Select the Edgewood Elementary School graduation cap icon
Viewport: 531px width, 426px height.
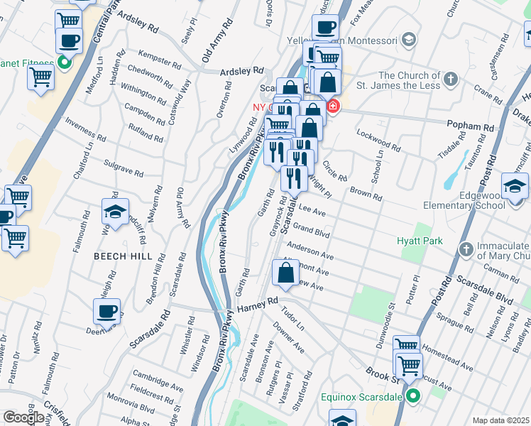click(x=515, y=187)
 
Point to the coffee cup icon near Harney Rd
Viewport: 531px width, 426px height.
click(x=107, y=310)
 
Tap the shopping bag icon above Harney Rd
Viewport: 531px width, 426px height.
click(x=285, y=272)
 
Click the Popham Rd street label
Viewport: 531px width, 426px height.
click(x=474, y=127)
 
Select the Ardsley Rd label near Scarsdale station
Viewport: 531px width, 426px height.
click(x=241, y=71)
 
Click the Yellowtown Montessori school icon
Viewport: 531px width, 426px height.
click(x=408, y=38)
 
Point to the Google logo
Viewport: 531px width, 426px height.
click(x=23, y=417)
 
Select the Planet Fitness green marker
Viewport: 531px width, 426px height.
click(x=64, y=62)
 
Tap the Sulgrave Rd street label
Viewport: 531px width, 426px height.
click(x=124, y=169)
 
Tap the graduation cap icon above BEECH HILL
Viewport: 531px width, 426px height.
click(x=115, y=212)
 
